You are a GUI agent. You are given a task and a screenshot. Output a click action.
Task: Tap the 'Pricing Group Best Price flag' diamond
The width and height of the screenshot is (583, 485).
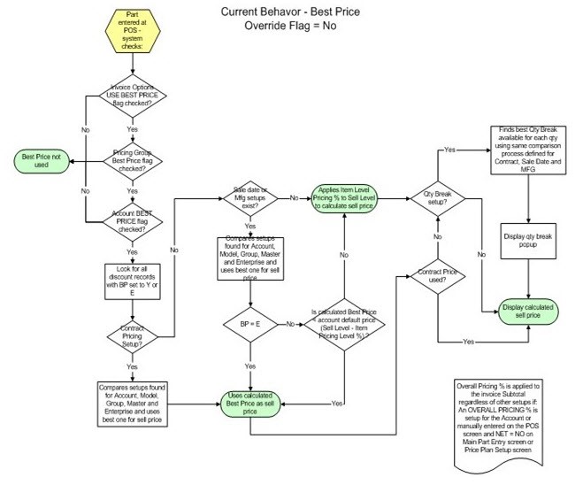(x=132, y=160)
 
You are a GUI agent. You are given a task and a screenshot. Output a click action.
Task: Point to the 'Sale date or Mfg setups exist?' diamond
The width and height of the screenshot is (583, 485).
(x=251, y=197)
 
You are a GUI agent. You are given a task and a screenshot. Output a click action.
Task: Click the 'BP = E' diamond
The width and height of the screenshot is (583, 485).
(x=251, y=323)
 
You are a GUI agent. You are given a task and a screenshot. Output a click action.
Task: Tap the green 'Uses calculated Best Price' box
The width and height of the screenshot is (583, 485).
(x=251, y=404)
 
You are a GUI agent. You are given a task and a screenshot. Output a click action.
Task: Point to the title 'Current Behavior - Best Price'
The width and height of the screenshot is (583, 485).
(x=280, y=12)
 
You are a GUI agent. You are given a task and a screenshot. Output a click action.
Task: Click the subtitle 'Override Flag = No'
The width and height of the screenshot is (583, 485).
(x=280, y=25)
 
